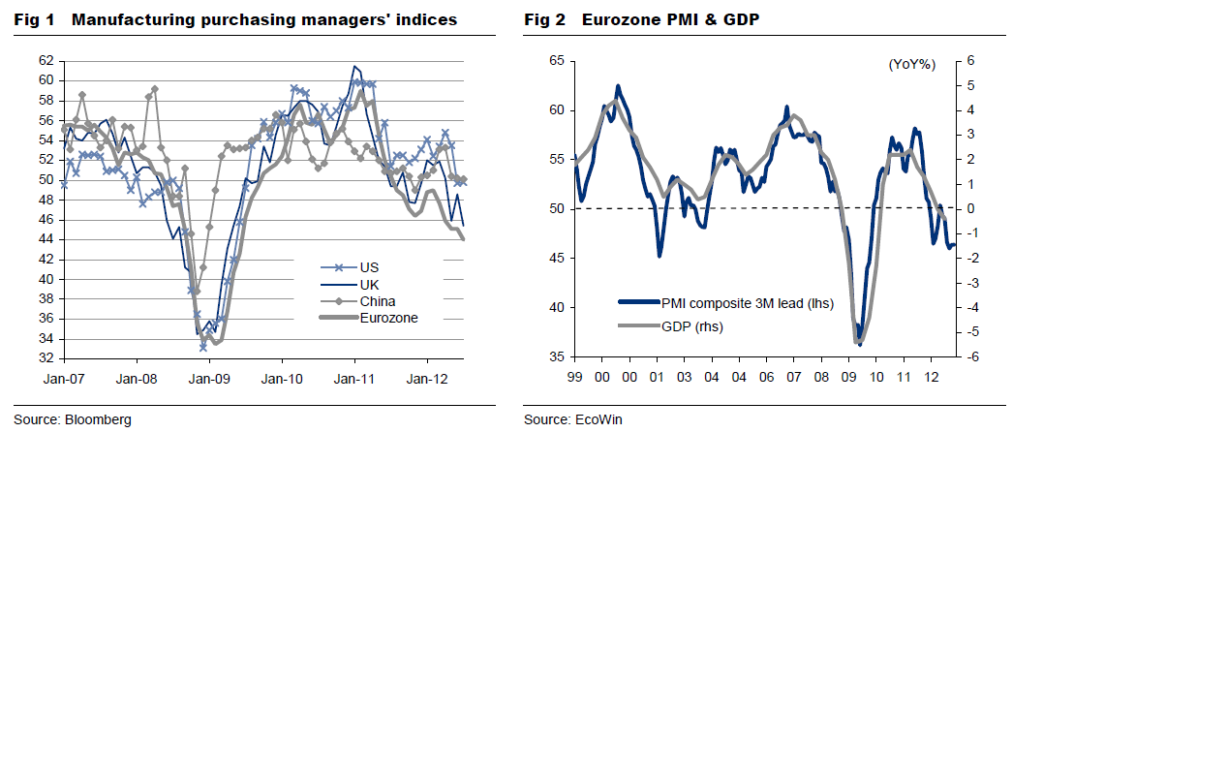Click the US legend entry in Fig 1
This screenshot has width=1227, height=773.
click(369, 267)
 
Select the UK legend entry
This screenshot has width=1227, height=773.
click(369, 285)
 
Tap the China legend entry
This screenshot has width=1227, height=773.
click(377, 301)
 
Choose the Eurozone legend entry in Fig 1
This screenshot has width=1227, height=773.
click(388, 318)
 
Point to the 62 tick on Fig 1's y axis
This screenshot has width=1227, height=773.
click(46, 60)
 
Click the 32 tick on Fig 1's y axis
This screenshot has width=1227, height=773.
click(46, 358)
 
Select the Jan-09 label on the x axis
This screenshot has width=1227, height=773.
click(209, 379)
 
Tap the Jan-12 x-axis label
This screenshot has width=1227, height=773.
click(427, 379)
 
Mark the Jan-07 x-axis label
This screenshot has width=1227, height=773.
click(63, 379)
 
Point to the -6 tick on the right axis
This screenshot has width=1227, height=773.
click(970, 357)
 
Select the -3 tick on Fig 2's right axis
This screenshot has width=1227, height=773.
click(970, 283)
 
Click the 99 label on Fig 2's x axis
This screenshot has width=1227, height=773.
click(575, 377)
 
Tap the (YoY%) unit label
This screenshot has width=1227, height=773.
click(911, 65)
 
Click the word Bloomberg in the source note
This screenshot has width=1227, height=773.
click(98, 419)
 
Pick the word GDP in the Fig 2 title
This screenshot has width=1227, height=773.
click(741, 19)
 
